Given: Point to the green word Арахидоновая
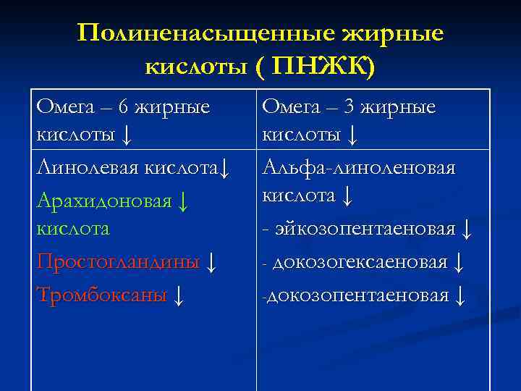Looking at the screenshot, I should tap(102, 200).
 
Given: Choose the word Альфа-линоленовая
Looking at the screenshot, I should tap(358, 169).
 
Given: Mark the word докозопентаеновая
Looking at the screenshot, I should tap(358, 295).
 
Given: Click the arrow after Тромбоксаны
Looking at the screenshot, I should tap(179, 294).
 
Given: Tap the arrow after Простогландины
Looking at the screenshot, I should tap(211, 262).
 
